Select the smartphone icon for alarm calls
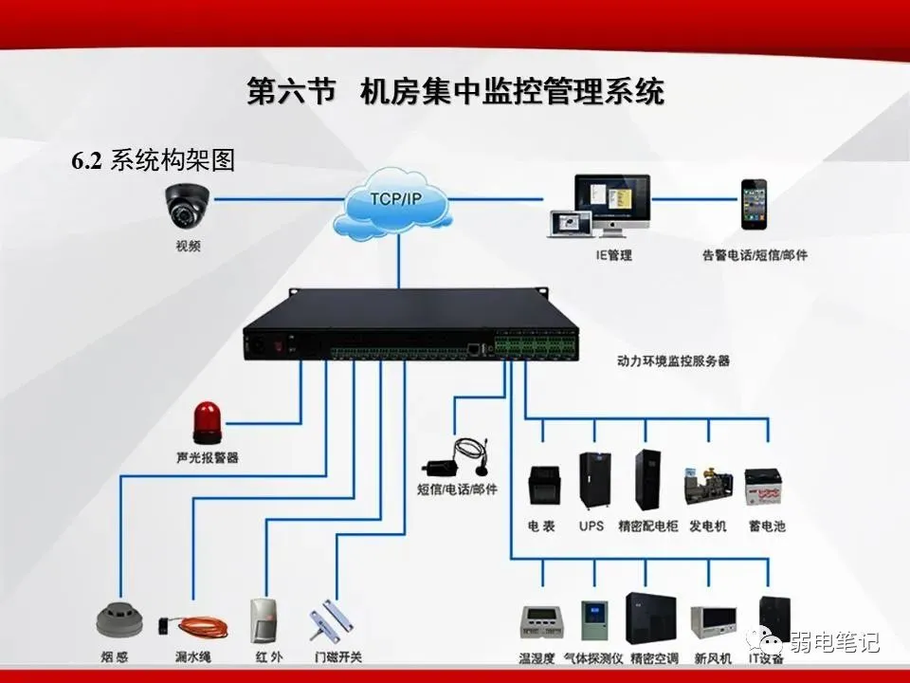pos(755,203)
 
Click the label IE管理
pos(613,255)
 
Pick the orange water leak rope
pos(192,625)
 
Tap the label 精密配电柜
pos(647,526)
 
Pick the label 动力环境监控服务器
pos(673,360)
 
